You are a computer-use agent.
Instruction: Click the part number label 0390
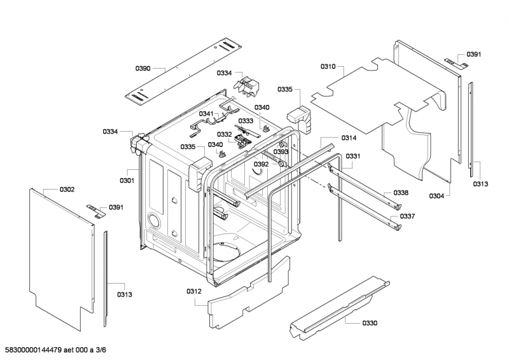[143, 68]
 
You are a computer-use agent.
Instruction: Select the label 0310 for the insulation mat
[328, 66]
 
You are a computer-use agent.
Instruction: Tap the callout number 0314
[349, 138]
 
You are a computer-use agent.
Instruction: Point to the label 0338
[400, 193]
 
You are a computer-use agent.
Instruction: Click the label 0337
[407, 216]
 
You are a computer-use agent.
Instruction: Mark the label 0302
[67, 190]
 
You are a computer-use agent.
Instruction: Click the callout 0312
[194, 291]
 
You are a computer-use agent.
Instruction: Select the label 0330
[370, 323]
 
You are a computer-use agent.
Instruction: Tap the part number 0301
[127, 180]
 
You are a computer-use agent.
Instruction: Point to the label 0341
[207, 113]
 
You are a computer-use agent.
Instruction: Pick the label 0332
[224, 134]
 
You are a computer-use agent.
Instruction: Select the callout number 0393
[281, 152]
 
